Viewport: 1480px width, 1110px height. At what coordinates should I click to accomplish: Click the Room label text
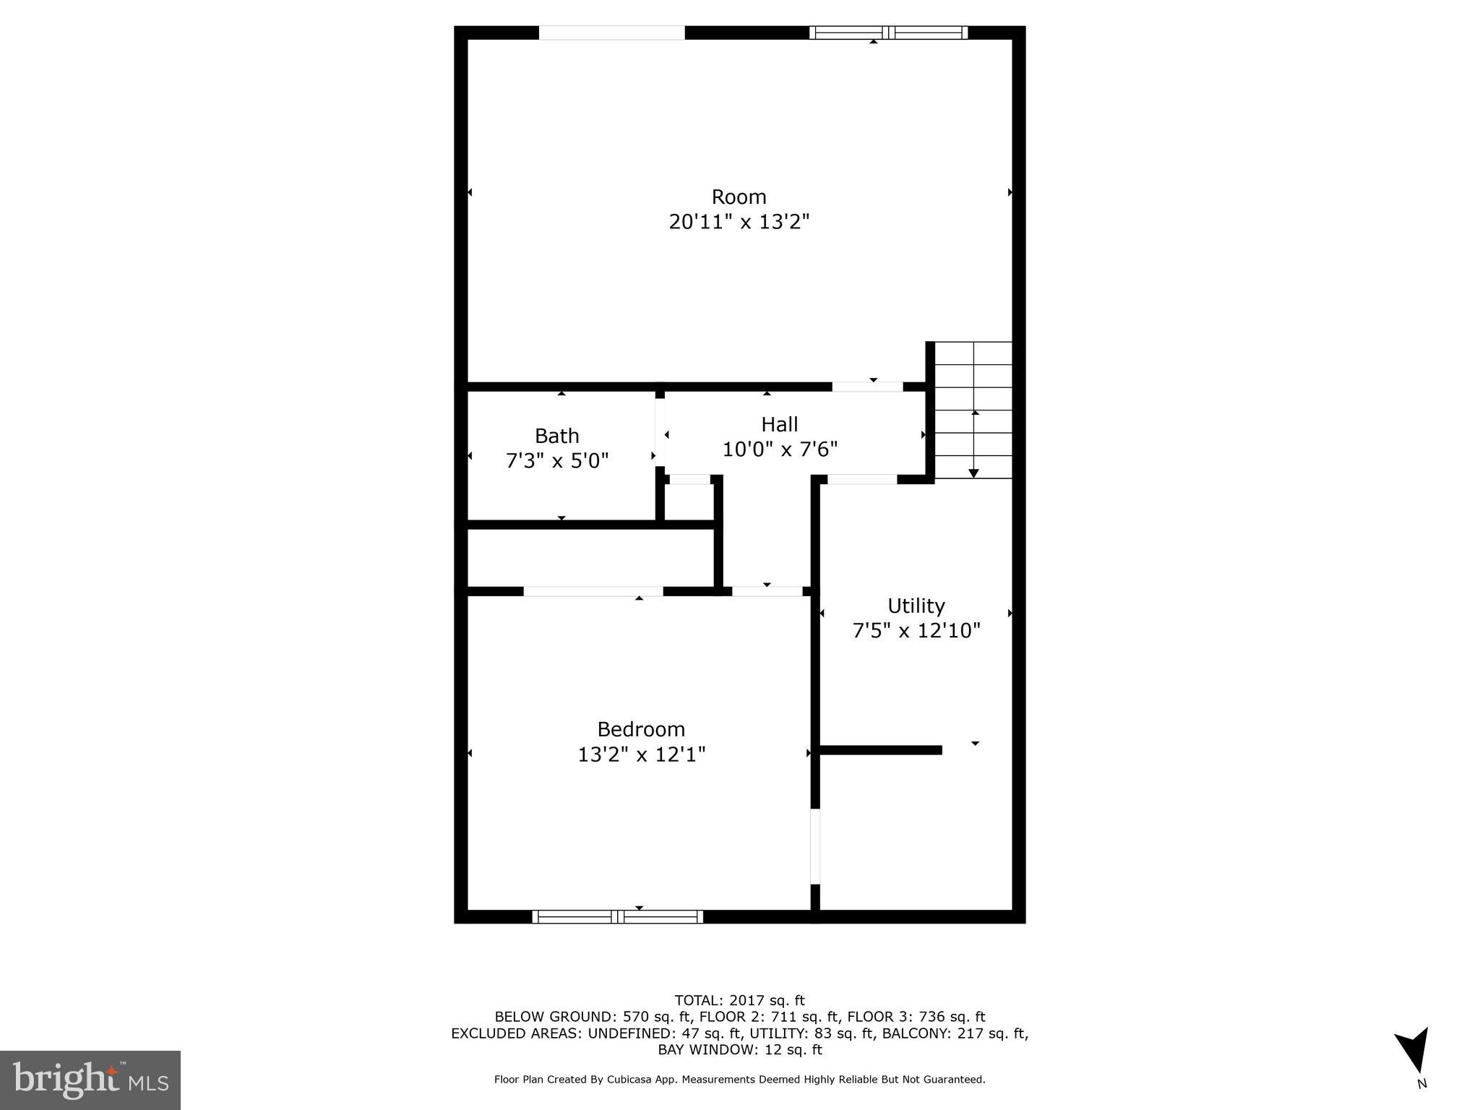tap(739, 197)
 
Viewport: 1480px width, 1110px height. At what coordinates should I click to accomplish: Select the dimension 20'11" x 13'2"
tap(739, 222)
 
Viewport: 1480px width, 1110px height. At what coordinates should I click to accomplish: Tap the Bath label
tap(556, 436)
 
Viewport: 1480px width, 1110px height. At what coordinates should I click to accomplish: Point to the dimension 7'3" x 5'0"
tap(556, 460)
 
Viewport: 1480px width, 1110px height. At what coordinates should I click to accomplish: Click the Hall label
tap(779, 424)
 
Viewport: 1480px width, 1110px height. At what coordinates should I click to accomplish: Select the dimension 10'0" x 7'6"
tap(780, 449)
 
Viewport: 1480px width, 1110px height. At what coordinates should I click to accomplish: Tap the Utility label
tap(916, 606)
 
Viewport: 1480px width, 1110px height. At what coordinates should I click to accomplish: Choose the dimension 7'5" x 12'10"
tap(916, 631)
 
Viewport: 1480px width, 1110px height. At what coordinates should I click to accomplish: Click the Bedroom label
tap(641, 729)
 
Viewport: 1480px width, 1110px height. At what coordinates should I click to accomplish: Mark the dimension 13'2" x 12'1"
tap(641, 754)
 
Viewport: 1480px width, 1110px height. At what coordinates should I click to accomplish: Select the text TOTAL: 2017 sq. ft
tap(739, 1000)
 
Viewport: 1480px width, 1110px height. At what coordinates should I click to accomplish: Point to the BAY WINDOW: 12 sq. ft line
tap(739, 1049)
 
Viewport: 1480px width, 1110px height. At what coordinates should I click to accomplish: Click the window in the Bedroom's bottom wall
tap(617, 916)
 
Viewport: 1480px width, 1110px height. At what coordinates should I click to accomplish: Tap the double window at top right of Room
tap(888, 33)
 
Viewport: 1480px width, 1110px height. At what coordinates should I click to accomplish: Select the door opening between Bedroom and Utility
tap(815, 846)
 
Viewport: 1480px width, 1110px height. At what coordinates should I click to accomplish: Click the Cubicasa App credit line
tap(739, 1080)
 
